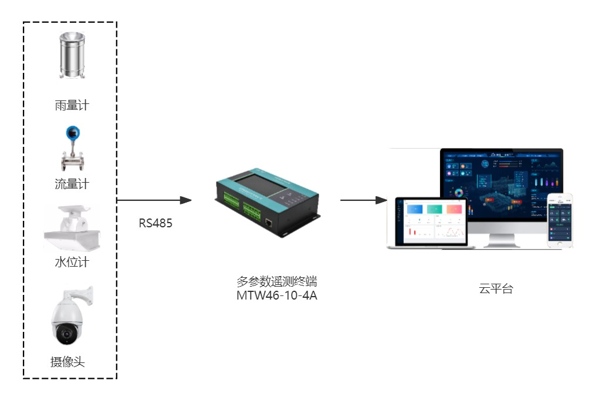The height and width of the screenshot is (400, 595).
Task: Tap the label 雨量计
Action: pyautogui.click(x=72, y=106)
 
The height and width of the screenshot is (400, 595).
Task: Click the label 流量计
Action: pyautogui.click(x=72, y=184)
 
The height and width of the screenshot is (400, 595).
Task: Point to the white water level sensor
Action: pyautogui.click(x=72, y=229)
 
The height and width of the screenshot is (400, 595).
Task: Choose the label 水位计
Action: pyautogui.click(x=72, y=262)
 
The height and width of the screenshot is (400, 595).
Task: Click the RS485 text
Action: pyautogui.click(x=155, y=223)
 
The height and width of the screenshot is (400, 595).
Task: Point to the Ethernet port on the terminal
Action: pyautogui.click(x=268, y=222)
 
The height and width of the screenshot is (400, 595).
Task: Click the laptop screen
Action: pyautogui.click(x=431, y=220)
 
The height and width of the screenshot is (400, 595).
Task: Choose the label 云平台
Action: pyautogui.click(x=496, y=288)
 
